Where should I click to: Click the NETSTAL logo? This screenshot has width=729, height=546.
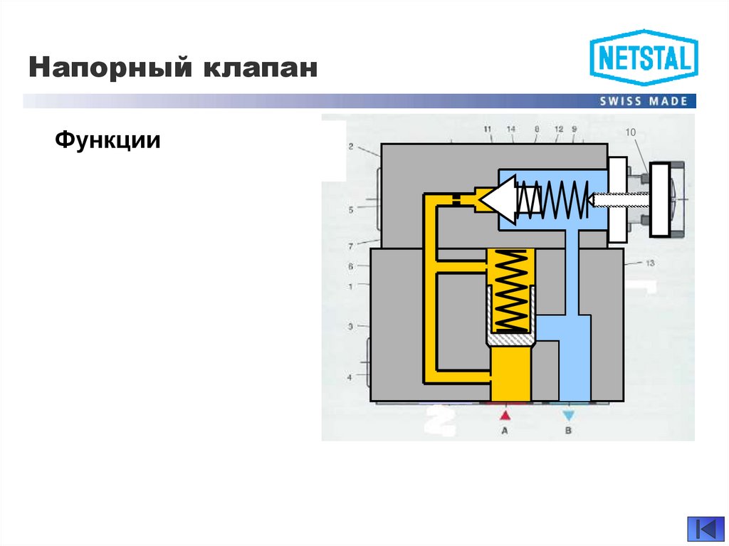click(x=644, y=58)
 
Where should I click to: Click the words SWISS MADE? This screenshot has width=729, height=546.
click(x=644, y=101)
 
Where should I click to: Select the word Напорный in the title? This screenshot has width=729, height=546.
click(x=107, y=69)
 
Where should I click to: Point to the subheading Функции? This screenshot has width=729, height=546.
click(x=107, y=140)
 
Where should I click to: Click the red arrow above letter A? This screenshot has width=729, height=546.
click(x=505, y=414)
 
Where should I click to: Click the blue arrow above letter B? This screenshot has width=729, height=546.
click(x=567, y=414)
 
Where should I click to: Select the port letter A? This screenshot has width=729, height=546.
click(x=505, y=431)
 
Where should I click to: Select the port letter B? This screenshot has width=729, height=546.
click(x=567, y=431)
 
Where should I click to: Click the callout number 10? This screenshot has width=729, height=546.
click(x=630, y=132)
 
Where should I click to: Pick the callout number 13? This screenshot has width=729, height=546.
click(x=649, y=263)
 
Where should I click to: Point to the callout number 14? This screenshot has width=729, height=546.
click(x=510, y=129)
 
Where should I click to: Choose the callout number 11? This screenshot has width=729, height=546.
click(x=487, y=129)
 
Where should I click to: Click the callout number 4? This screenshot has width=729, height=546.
click(x=350, y=377)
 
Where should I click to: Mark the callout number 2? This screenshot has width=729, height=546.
click(x=351, y=147)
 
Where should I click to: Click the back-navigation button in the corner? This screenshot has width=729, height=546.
click(x=706, y=530)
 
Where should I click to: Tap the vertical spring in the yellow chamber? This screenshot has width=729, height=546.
click(x=510, y=292)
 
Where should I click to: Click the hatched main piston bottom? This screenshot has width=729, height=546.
click(x=510, y=342)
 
